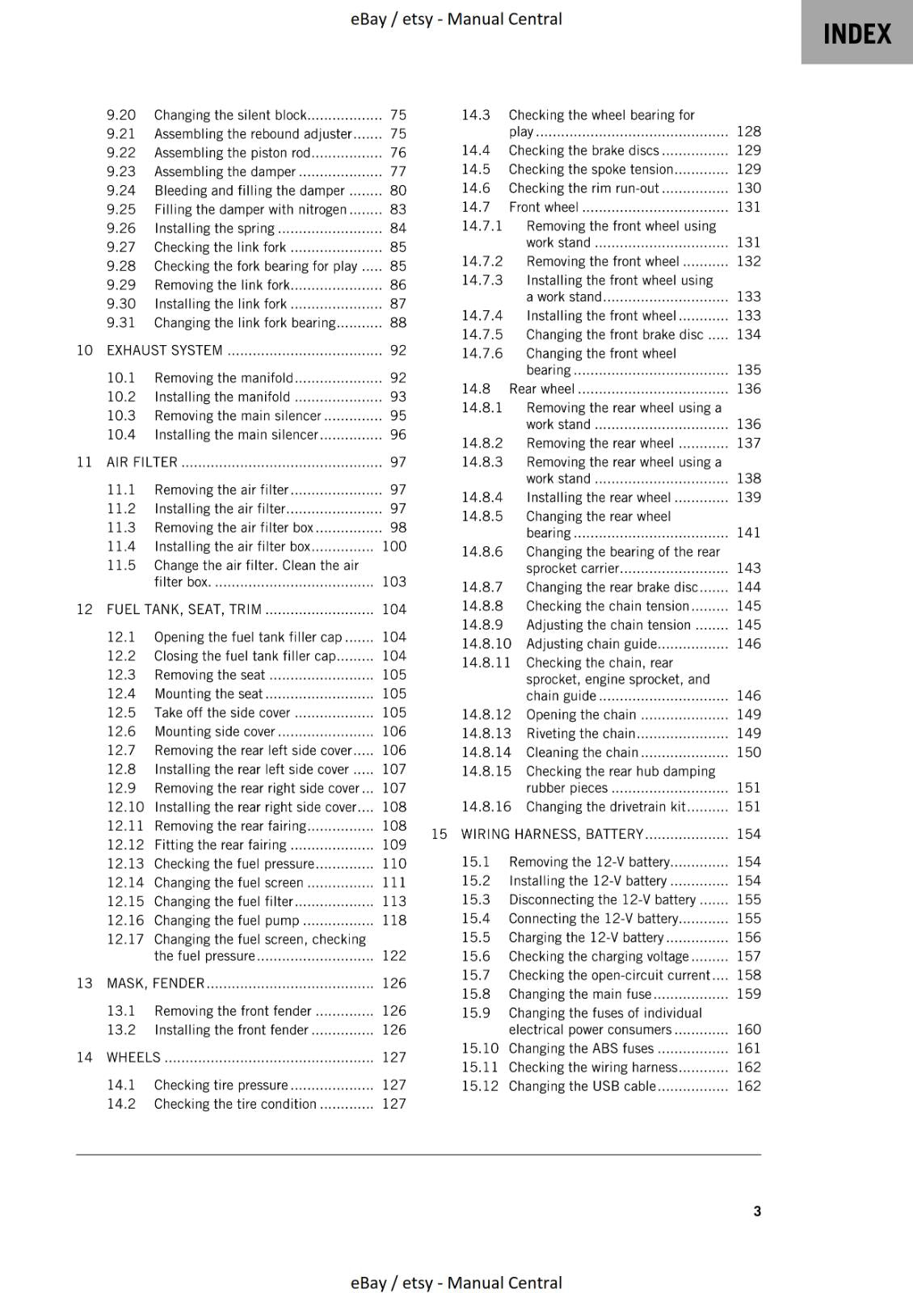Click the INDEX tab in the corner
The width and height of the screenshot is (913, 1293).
tap(856, 34)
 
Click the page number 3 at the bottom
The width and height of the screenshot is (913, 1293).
tap(756, 1211)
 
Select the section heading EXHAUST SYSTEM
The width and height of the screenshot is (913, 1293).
tap(165, 350)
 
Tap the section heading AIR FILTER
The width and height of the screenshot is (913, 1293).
tap(142, 462)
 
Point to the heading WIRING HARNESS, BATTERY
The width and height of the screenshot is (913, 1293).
tap(552, 834)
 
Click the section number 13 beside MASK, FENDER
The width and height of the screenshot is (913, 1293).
tap(84, 983)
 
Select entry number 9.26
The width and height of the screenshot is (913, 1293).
tap(121, 228)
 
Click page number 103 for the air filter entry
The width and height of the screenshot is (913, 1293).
tap(393, 582)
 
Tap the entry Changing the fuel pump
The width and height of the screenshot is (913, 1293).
tap(226, 920)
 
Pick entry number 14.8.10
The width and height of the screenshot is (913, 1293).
tap(486, 644)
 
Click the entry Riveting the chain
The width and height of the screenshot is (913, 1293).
tap(580, 733)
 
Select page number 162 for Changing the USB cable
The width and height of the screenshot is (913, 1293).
tap(748, 1086)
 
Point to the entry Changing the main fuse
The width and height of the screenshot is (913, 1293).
tap(579, 994)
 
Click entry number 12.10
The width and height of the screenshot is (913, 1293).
tap(125, 807)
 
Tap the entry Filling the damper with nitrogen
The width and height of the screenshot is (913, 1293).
tap(250, 209)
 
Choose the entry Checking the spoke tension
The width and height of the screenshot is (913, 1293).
tap(591, 169)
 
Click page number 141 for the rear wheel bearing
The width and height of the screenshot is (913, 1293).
tap(748, 533)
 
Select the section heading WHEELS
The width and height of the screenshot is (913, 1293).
tap(134, 1057)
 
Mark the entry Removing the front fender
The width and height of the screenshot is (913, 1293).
tap(233, 1011)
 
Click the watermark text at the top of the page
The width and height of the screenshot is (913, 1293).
tap(456, 19)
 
